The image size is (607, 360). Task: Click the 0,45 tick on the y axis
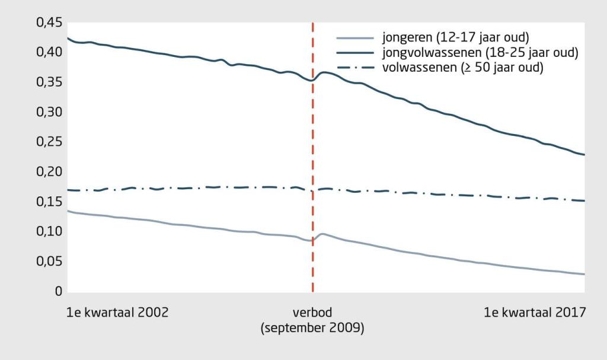point(49,23)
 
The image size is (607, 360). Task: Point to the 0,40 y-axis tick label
point(49,52)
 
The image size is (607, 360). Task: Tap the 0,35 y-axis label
point(49,82)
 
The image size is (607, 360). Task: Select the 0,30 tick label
point(49,112)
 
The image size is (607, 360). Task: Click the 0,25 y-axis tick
point(49,142)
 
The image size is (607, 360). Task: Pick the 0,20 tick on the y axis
point(49,172)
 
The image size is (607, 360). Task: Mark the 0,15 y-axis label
point(49,202)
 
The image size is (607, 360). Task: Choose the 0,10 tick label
point(49,232)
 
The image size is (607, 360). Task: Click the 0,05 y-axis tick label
point(49,262)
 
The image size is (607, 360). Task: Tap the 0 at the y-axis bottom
point(57,292)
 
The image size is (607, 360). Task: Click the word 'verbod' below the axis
point(312,313)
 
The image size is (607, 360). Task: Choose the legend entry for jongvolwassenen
point(480,53)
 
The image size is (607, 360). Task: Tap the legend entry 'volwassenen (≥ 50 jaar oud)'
point(462,68)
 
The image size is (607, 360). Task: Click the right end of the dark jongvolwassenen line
point(584,155)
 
